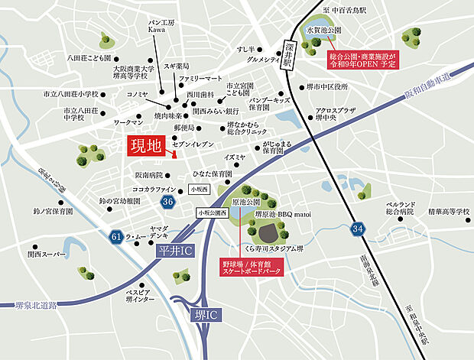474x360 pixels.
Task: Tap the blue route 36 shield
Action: (x=168, y=200)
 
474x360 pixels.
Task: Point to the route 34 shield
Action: (x=357, y=229)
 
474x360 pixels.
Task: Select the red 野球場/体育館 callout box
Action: (x=252, y=266)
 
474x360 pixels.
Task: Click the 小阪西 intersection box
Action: (x=201, y=188)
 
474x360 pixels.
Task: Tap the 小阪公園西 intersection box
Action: (x=212, y=214)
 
